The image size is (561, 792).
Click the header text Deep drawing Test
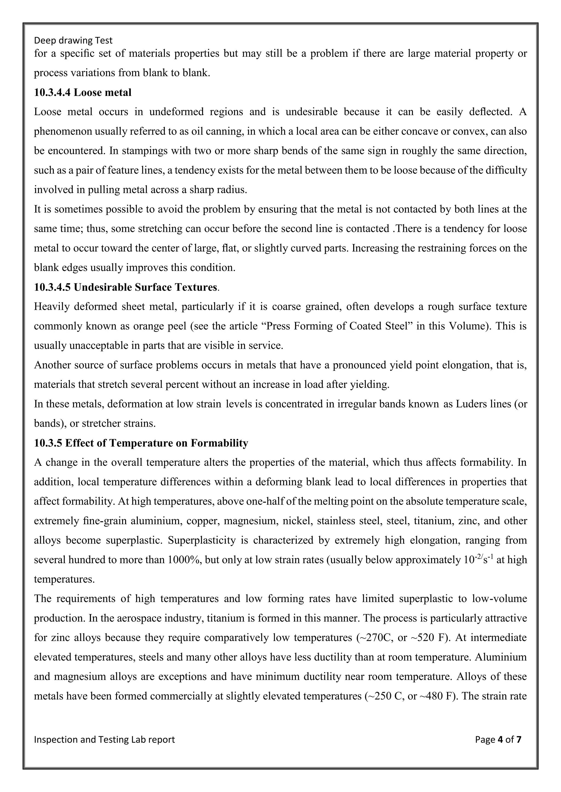[73, 41]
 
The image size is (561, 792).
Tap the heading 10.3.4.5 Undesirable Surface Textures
[126, 287]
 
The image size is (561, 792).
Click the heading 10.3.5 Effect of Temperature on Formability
[141, 443]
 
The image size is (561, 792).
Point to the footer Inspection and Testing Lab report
[104, 739]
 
